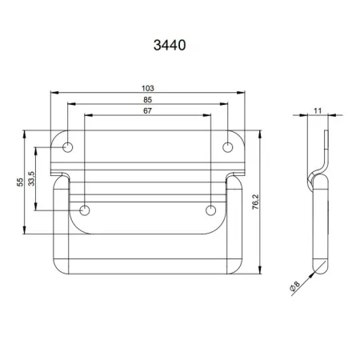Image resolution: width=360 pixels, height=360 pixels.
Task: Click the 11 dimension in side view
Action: [x=318, y=112]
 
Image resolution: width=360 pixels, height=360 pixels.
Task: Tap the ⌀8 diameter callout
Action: [x=295, y=284]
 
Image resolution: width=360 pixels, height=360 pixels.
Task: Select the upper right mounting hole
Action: [x=227, y=147]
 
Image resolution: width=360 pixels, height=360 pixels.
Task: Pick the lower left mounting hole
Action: [x=86, y=210]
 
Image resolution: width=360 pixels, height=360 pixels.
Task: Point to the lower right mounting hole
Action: [x=210, y=210]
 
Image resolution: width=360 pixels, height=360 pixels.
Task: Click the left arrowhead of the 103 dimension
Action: [x=54, y=92]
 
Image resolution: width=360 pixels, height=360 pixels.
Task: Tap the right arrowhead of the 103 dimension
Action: [x=242, y=92]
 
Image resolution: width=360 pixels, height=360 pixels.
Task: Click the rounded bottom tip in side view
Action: [x=318, y=265]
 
